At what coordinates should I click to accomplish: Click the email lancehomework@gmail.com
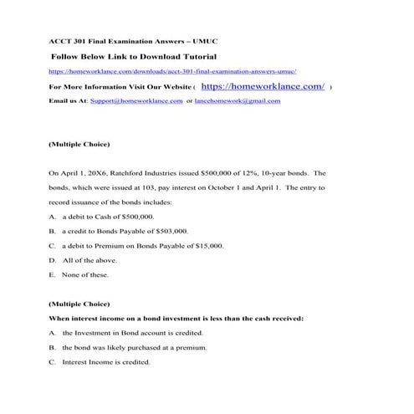coord(238,100)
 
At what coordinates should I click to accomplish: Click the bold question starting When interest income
coord(176,318)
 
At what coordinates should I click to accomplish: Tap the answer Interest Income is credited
coord(106,362)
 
